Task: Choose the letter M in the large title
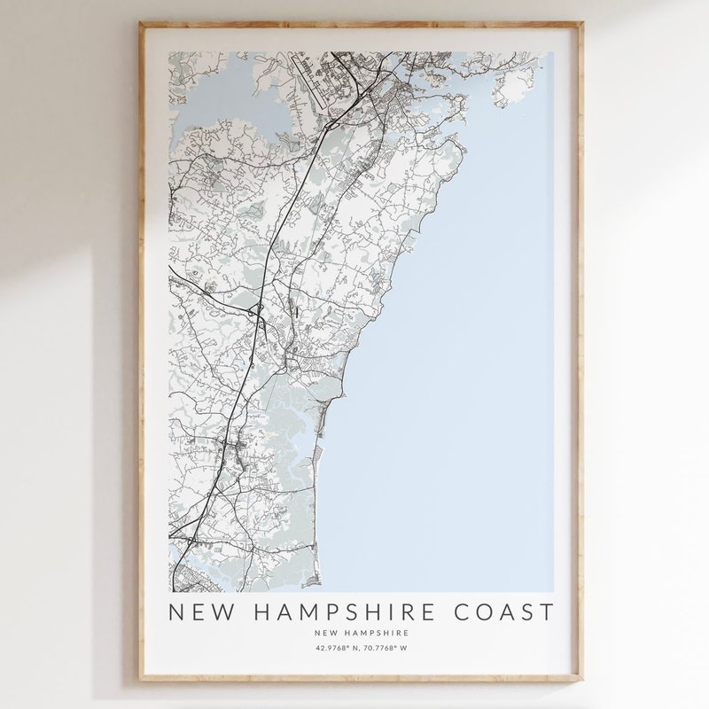pyautogui.click(x=301, y=612)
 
